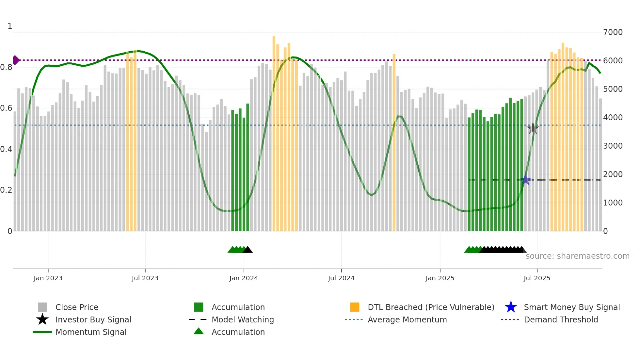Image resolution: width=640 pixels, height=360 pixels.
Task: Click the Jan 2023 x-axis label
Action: click(x=48, y=278)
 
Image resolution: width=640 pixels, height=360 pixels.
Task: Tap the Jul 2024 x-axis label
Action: click(x=341, y=278)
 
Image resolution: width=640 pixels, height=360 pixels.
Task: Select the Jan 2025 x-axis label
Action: click(x=440, y=278)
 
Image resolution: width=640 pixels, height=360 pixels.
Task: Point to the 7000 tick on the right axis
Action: click(x=613, y=32)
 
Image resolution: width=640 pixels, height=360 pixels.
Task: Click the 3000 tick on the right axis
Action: click(x=613, y=146)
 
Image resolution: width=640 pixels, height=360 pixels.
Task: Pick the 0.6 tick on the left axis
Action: click(x=6, y=108)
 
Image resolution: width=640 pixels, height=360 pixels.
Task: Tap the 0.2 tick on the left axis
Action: click(x=6, y=190)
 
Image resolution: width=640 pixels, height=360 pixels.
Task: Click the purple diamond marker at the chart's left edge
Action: click(x=16, y=60)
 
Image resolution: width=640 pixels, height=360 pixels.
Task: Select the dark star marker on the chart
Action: click(x=533, y=128)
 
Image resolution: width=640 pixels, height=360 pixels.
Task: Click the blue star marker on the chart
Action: click(x=525, y=180)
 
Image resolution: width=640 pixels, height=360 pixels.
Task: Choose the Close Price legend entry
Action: click(x=76, y=307)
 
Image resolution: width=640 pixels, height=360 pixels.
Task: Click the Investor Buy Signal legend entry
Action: click(x=93, y=319)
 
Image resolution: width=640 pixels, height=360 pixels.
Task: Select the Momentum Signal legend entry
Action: click(x=91, y=332)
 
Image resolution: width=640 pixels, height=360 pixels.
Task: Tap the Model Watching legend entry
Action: click(x=242, y=319)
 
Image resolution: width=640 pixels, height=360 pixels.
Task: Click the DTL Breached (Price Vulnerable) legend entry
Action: click(x=431, y=307)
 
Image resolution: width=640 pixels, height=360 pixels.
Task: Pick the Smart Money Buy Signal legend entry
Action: click(x=571, y=307)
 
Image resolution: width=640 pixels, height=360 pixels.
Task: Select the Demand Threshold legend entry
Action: click(x=561, y=319)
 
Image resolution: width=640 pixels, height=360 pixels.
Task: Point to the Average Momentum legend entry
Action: click(x=407, y=319)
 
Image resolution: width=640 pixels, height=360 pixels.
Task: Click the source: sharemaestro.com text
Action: click(x=577, y=256)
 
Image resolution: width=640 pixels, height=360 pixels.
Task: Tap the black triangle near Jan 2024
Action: click(x=248, y=250)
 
